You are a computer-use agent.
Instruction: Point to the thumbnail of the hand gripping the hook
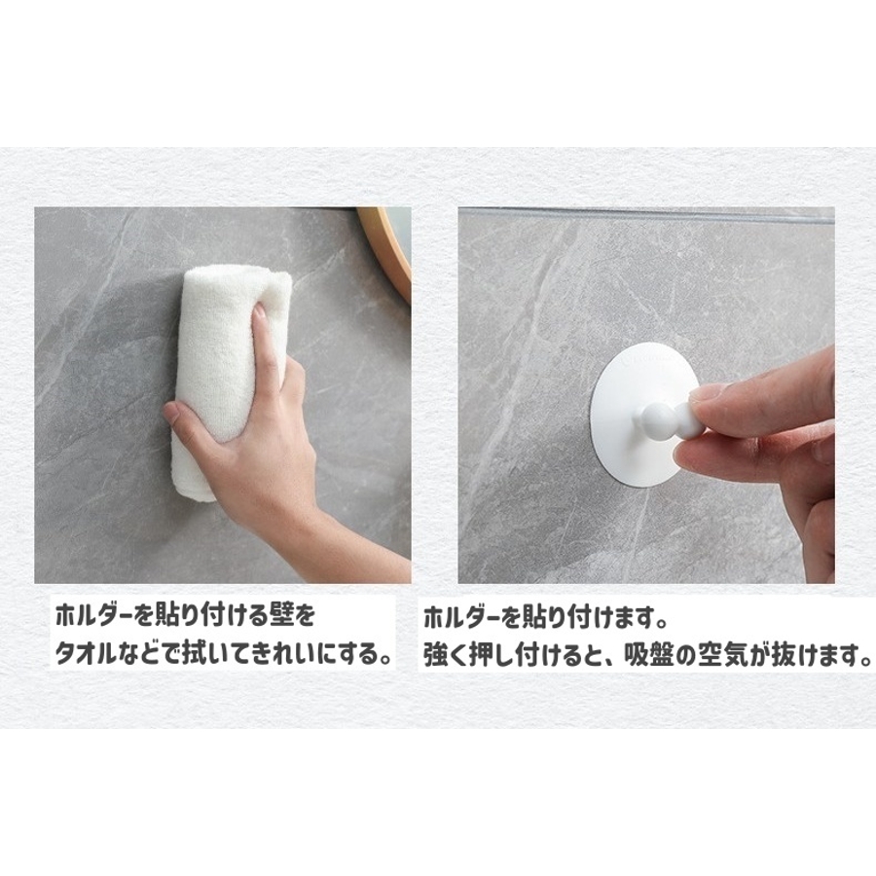[x=707, y=393]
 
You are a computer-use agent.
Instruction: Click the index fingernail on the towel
[x=259, y=310]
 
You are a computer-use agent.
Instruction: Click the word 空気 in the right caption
[x=723, y=654]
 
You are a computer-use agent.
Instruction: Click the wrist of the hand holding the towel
[x=312, y=520]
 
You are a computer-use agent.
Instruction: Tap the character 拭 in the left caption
[x=194, y=654]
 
